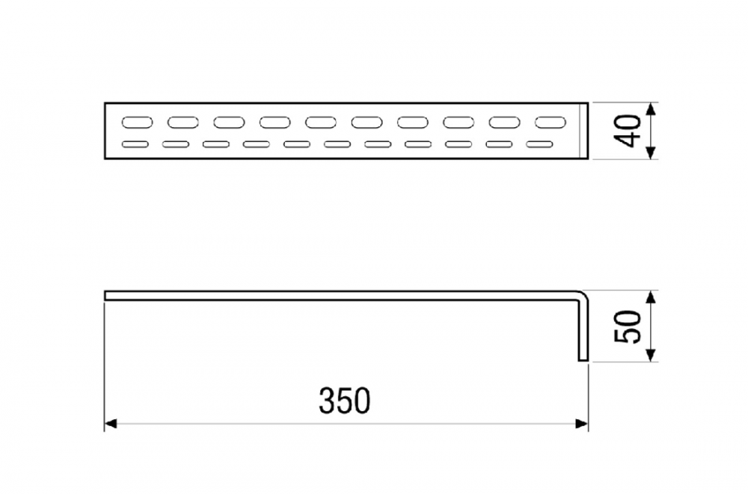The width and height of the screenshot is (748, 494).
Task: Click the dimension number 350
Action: pos(344,401)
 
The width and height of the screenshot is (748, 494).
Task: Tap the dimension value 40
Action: pos(628,131)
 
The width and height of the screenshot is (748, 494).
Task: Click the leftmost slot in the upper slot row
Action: pos(137,122)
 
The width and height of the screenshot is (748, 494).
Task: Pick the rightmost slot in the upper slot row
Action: pos(552,122)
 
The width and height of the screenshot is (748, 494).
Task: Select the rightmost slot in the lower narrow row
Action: pos(540,144)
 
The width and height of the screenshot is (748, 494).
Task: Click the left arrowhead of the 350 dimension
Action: pos(109,424)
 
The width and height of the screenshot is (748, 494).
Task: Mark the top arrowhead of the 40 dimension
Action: pos(651,108)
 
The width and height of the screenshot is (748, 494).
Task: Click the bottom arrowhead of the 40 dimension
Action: pos(651,153)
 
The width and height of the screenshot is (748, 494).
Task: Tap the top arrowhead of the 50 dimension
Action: pos(651,296)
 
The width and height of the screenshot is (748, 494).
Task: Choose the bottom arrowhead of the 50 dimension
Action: pos(651,356)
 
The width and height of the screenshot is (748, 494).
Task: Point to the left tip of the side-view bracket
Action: pos(106,296)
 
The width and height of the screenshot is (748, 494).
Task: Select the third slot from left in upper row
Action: pos(230,122)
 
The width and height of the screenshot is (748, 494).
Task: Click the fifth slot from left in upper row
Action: pos(322,122)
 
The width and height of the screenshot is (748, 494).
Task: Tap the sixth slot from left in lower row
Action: pos(338,144)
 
